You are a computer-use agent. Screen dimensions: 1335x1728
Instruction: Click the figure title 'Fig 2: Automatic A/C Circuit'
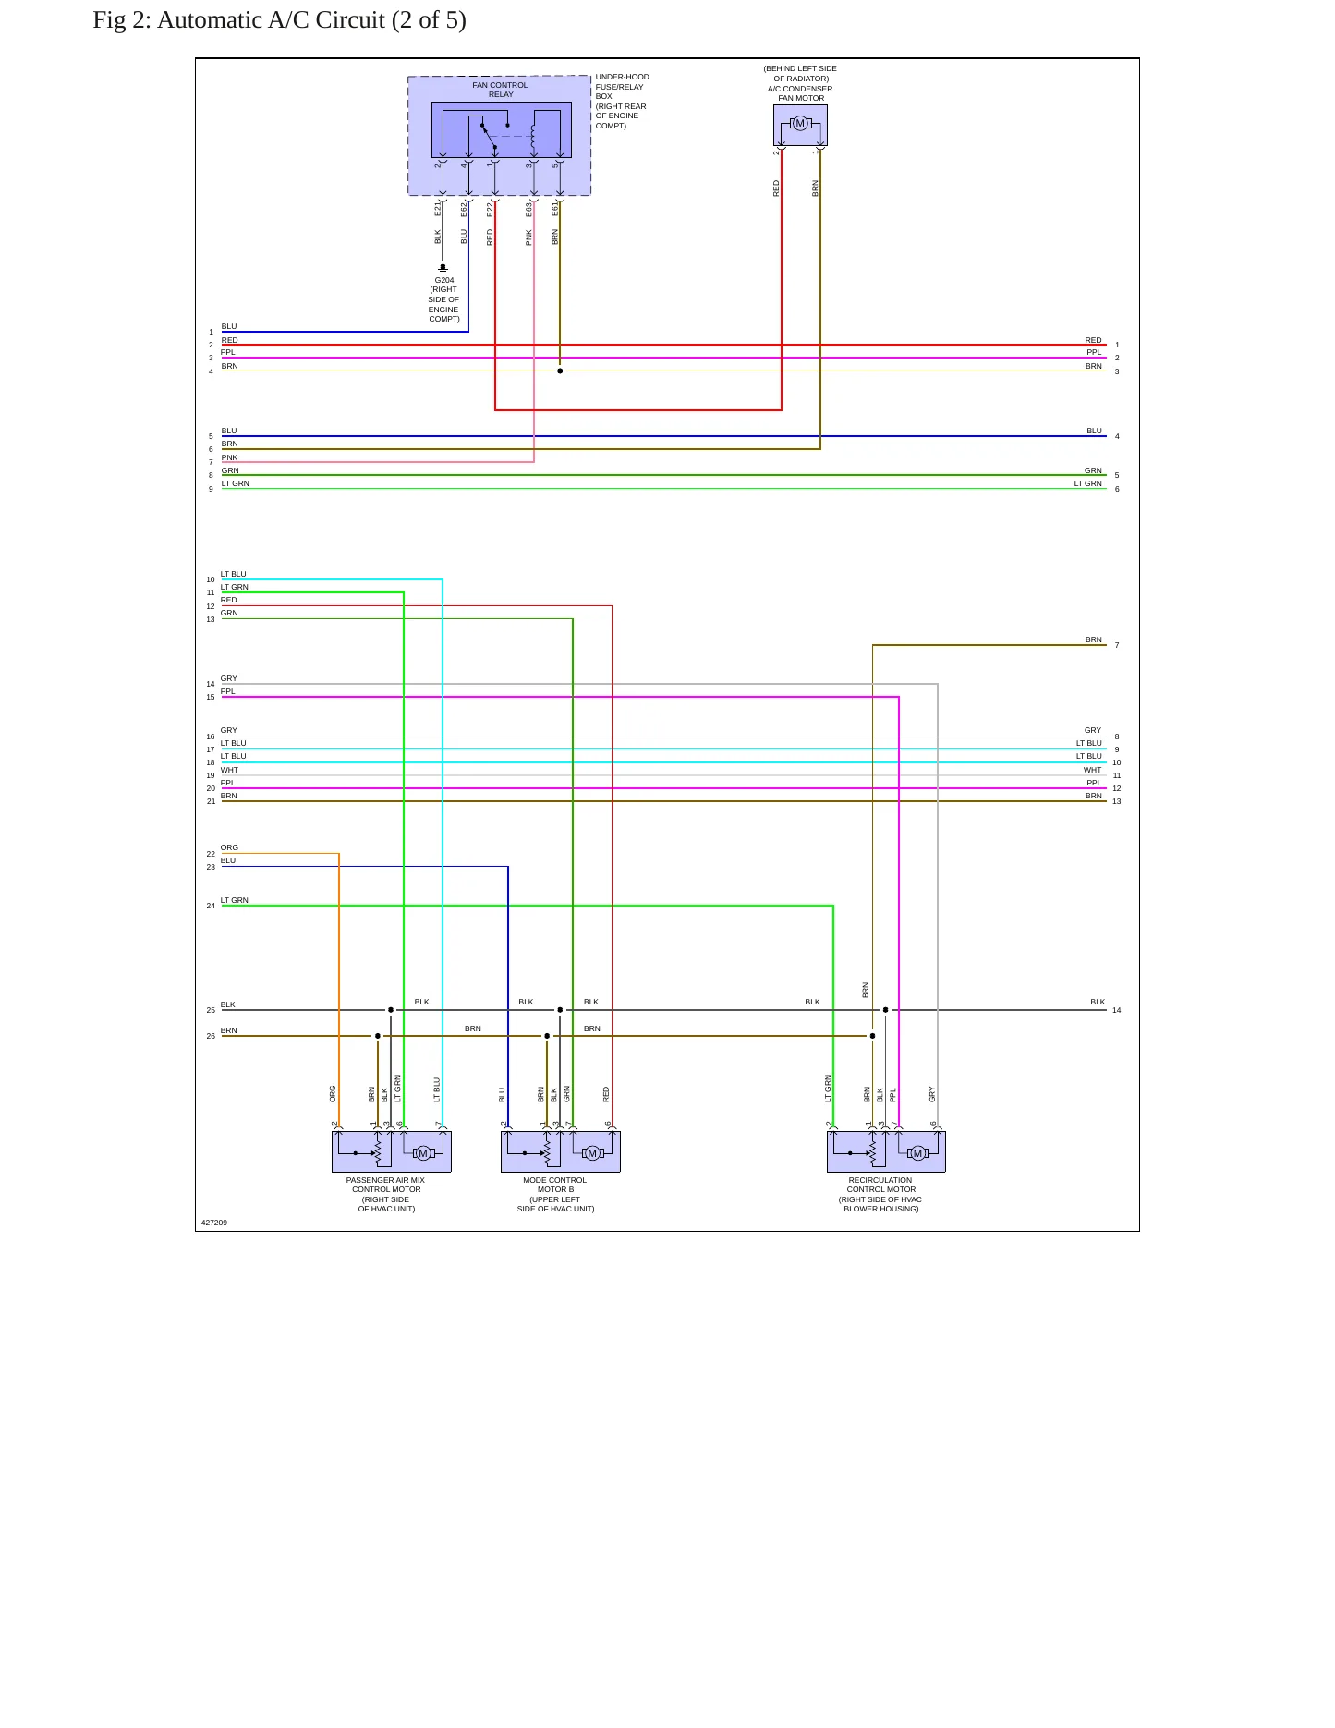pyautogui.click(x=239, y=20)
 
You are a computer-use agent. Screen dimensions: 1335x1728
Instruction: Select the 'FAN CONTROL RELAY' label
pyautogui.click(x=500, y=90)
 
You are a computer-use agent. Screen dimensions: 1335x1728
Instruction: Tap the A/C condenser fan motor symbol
pyautogui.click(x=800, y=124)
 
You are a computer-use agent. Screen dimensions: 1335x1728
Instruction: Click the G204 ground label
pyautogui.click(x=443, y=280)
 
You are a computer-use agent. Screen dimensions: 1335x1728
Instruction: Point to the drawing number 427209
pyautogui.click(x=214, y=1223)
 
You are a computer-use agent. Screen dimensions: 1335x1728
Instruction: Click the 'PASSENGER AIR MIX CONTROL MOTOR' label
pyautogui.click(x=385, y=1185)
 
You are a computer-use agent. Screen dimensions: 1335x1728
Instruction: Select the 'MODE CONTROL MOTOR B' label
pyautogui.click(x=554, y=1185)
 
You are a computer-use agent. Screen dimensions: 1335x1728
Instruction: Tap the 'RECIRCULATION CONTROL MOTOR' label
pyautogui.click(x=880, y=1185)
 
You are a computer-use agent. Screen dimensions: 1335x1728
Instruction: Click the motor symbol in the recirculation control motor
pyautogui.click(x=917, y=1153)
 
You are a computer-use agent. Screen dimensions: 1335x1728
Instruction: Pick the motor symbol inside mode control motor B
pyautogui.click(x=592, y=1153)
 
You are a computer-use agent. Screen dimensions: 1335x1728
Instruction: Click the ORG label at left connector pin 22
pyautogui.click(x=229, y=847)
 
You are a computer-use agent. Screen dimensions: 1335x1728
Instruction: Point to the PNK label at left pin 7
pyautogui.click(x=229, y=457)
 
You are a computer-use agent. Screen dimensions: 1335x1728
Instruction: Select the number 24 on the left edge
pyautogui.click(x=211, y=906)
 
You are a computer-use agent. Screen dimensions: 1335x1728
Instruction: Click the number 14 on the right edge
pyautogui.click(x=1117, y=1010)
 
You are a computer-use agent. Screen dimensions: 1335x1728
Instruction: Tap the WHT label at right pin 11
pyautogui.click(x=1093, y=770)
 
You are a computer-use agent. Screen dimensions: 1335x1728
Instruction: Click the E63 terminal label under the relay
pyautogui.click(x=529, y=210)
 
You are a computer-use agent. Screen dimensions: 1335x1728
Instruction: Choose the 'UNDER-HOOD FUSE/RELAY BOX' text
pyautogui.click(x=622, y=87)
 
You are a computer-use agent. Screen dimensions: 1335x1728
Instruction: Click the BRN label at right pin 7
pyautogui.click(x=1094, y=639)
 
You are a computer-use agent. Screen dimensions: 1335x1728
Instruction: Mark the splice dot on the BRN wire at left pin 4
pyautogui.click(x=560, y=371)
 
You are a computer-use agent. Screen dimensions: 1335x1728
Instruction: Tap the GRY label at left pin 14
pyautogui.click(x=229, y=678)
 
